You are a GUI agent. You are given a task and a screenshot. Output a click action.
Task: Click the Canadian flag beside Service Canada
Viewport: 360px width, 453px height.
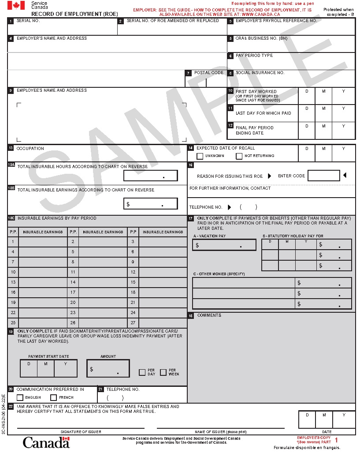[16, 5]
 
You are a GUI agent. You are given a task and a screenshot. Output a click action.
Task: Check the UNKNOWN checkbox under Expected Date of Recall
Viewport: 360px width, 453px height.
[200, 156]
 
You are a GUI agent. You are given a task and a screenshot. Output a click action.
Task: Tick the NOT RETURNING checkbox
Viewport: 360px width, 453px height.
[239, 156]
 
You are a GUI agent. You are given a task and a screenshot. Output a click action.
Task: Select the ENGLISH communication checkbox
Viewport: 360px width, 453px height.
[20, 397]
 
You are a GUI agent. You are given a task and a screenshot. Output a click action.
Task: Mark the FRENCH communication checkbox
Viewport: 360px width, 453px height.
[54, 397]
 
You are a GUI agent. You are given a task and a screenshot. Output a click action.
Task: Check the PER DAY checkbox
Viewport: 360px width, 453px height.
[142, 372]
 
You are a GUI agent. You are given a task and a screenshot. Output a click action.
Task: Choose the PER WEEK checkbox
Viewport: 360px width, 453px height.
[163, 372]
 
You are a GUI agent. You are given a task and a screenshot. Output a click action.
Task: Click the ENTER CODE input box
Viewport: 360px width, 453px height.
[323, 176]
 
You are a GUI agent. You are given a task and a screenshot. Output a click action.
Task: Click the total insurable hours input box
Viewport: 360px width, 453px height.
[150, 176]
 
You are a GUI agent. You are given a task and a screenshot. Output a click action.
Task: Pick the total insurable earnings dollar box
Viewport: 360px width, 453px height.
[150, 203]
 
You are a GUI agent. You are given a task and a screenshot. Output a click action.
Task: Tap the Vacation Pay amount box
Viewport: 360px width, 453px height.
[224, 245]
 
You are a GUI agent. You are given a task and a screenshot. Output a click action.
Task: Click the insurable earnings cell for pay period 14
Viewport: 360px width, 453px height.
[103, 282]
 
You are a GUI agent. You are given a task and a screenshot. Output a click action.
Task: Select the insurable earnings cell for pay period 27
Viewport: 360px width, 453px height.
[163, 323]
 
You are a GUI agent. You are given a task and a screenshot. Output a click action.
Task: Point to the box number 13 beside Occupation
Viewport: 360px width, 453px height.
[11, 148]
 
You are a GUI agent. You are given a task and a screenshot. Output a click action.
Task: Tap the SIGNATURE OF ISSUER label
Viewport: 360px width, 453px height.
[81, 432]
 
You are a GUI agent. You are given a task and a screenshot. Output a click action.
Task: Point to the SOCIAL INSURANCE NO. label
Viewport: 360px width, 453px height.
[260, 73]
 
